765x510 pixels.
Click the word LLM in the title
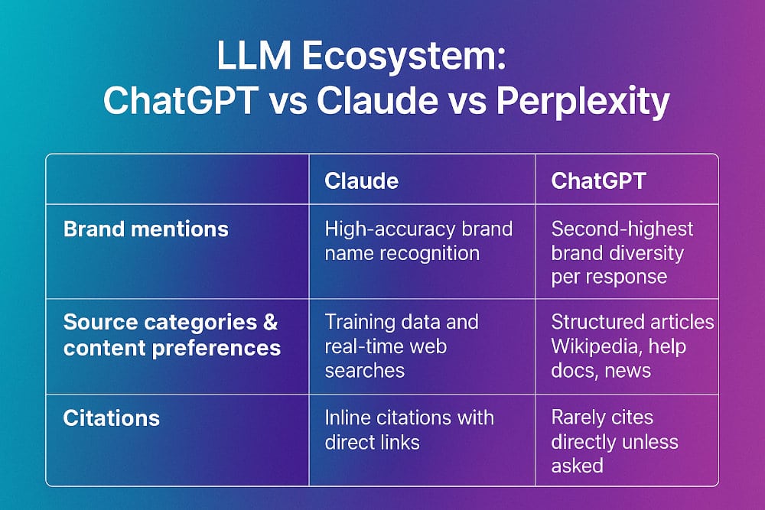(x=254, y=56)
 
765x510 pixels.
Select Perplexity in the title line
(x=582, y=102)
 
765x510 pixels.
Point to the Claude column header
(x=362, y=181)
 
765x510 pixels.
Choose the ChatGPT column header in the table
(x=599, y=181)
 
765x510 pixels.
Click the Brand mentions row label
(x=146, y=229)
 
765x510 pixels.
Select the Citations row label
(x=111, y=417)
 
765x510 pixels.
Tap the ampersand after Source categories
(x=270, y=322)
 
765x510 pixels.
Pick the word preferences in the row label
(x=216, y=348)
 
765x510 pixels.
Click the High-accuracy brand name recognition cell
(x=418, y=241)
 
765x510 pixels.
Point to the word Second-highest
(x=622, y=229)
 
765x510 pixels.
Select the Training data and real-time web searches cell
(x=402, y=346)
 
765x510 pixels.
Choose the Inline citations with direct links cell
(x=409, y=430)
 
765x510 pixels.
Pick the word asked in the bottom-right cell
(x=577, y=466)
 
